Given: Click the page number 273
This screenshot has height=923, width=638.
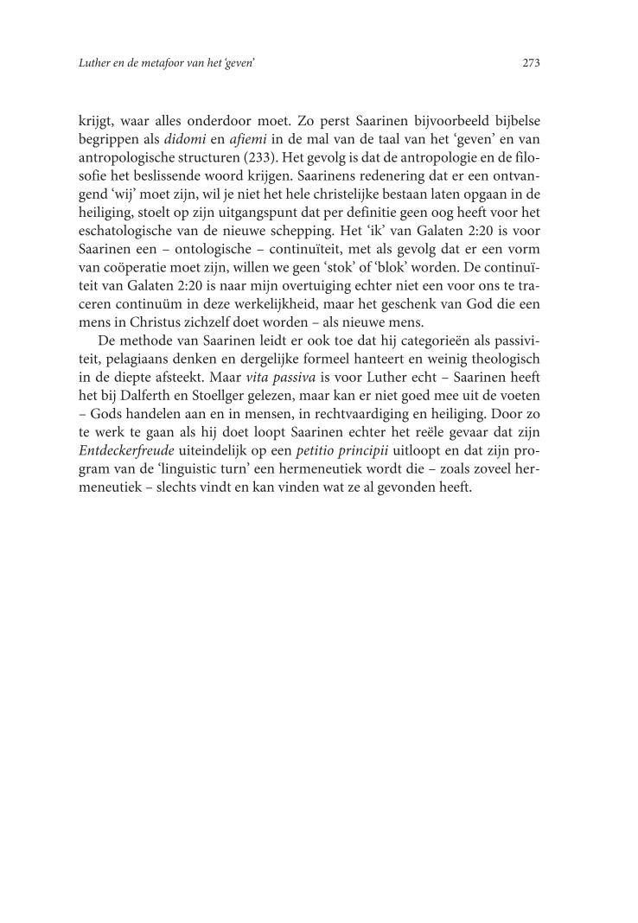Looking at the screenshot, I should pyautogui.click(x=531, y=62).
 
